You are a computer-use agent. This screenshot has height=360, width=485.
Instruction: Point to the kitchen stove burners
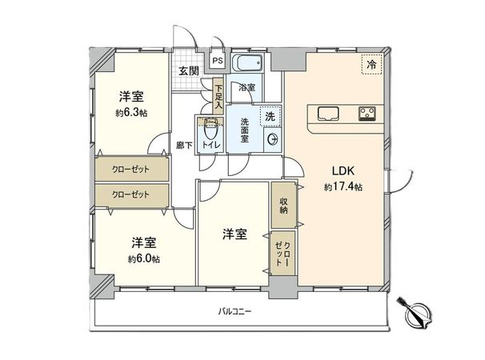(x=368, y=110)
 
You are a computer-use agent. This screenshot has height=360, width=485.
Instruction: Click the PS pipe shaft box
(x=217, y=60)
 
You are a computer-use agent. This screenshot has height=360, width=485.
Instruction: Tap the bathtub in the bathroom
(x=252, y=65)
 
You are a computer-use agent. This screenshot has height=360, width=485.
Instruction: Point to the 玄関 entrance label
(x=188, y=72)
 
